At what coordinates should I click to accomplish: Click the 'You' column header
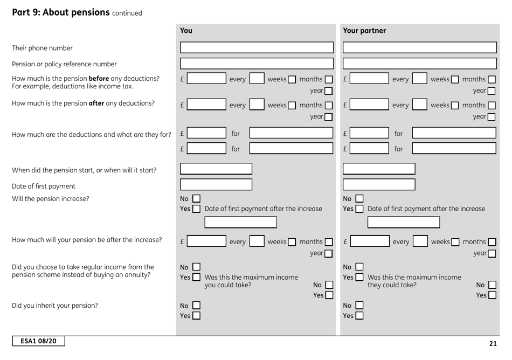tap(186, 31)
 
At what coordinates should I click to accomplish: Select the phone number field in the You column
tap(257, 47)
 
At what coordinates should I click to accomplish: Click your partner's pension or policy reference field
tap(420, 65)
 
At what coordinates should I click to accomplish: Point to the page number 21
tap(492, 343)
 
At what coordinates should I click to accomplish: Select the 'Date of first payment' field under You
tap(216, 185)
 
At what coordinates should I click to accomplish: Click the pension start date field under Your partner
tap(379, 169)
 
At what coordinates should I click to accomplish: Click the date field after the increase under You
tap(228, 222)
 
